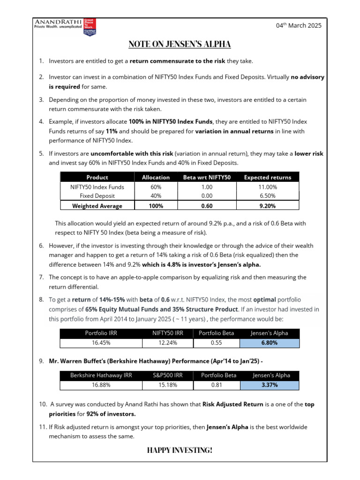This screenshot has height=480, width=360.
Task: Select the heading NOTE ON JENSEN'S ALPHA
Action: (180, 45)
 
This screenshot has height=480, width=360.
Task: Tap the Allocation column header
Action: (156, 177)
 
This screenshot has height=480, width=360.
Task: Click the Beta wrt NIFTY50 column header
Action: (207, 177)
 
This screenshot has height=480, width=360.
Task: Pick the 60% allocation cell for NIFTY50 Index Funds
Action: (156, 187)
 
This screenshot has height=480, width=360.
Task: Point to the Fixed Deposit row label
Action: (97, 195)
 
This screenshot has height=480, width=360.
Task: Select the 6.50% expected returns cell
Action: (268, 195)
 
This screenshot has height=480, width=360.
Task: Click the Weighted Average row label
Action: (97, 206)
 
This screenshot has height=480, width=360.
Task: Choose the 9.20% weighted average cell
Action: (268, 206)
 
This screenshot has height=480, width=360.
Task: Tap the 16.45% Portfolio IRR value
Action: (101, 343)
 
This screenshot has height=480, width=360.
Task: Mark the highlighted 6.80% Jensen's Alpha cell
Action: (269, 343)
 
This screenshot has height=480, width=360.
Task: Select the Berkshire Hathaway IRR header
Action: (101, 375)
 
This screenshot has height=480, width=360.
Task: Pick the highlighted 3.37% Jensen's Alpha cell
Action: (269, 385)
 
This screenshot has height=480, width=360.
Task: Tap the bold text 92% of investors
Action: (111, 414)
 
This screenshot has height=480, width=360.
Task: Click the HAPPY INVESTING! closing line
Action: (180, 450)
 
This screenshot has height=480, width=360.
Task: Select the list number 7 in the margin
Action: (41, 277)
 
